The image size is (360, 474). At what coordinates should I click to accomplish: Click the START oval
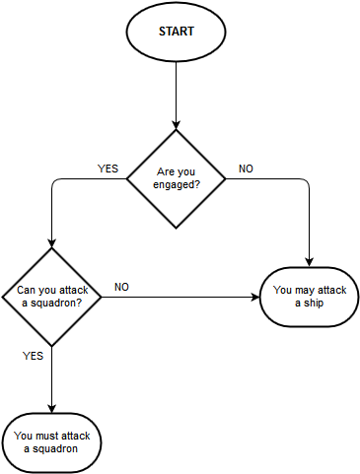point(176,32)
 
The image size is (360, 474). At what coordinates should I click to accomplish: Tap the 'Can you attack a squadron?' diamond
point(50,296)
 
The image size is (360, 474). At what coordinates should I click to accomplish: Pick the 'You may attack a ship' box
point(309,297)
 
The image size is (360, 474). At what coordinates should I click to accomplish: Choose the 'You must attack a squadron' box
point(50,440)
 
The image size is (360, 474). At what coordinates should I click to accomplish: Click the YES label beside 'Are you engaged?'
point(108,169)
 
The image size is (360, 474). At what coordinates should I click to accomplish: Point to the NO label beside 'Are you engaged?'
point(246,169)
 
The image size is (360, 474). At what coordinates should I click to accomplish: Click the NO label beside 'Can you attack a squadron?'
point(121,287)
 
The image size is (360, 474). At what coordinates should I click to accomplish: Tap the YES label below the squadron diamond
point(33,356)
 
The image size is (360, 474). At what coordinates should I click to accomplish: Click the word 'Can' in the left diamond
point(17,290)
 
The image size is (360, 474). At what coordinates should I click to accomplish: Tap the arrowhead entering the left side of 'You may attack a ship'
point(253,297)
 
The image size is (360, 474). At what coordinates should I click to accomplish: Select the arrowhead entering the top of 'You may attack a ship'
point(309,261)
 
